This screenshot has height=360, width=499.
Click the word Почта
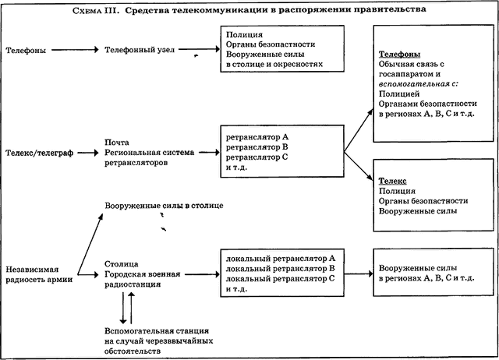(x=115, y=143)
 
